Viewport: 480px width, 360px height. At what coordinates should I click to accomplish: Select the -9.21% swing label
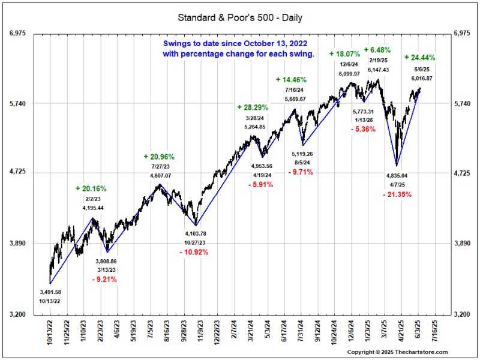[104, 279]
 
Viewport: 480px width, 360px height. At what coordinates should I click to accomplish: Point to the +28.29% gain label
[253, 107]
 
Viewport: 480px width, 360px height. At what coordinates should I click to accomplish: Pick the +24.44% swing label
[420, 58]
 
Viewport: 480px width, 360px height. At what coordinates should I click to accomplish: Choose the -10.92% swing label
[194, 252]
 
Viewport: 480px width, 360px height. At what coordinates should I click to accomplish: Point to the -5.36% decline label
[364, 129]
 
